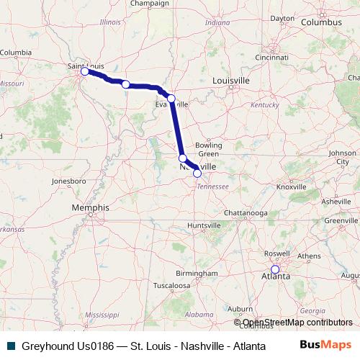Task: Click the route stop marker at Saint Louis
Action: point(85,71)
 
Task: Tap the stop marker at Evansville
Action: point(171,99)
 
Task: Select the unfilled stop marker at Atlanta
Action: point(274,269)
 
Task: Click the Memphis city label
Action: point(90,207)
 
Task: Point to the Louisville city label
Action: point(231,81)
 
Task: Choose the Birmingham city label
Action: point(196,274)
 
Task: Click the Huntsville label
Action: point(204,226)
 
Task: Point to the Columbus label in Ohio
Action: point(320,22)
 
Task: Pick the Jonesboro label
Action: point(69,181)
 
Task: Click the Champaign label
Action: point(149,4)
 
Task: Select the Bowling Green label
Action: point(209,150)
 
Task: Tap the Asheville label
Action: point(336,202)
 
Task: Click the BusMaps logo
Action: point(326,345)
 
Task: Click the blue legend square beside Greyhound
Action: point(9,346)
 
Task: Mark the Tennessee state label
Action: point(214,186)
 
